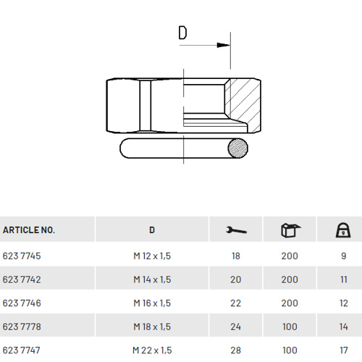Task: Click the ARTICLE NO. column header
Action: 29,230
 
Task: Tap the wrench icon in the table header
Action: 236,230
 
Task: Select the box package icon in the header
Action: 290,230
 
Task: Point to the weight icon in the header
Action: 343,230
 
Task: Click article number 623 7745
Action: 22,256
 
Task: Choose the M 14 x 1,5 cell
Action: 152,279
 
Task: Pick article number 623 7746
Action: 22,303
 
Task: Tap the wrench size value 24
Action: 235,327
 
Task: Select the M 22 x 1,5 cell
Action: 152,350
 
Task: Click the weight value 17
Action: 344,350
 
